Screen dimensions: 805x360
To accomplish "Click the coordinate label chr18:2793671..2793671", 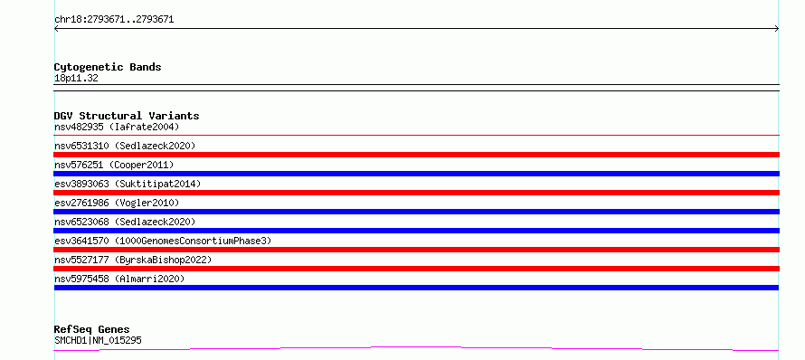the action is coord(114,20).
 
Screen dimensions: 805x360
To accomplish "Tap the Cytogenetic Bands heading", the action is coord(108,67).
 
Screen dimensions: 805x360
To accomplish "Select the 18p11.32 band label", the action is coord(76,79).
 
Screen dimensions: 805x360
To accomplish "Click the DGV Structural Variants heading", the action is coord(127,116).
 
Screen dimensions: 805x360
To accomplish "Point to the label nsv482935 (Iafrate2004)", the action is coord(117,127).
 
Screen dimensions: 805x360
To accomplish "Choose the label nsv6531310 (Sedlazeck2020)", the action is coord(125,146).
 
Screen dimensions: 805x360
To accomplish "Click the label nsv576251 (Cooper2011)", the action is coord(114,165).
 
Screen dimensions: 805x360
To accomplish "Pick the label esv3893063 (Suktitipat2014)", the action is coord(128,184).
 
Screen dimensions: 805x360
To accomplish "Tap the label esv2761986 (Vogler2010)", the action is coord(117,203).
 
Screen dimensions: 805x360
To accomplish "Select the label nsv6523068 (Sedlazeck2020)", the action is coord(125,222).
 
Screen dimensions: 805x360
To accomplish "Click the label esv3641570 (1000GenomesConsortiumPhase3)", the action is coord(163,241).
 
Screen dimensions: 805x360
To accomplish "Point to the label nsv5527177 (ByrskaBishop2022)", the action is coord(133,260).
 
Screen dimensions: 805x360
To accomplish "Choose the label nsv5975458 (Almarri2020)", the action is coord(119,279).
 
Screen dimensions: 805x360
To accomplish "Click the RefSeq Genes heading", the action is coord(92,329).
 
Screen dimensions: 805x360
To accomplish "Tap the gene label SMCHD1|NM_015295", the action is coord(98,340).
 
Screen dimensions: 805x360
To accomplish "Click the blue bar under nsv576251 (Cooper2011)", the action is coord(416,174).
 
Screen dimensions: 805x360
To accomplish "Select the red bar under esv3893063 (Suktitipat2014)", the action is coord(416,193).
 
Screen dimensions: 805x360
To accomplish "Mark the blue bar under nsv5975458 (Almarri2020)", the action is coord(416,288).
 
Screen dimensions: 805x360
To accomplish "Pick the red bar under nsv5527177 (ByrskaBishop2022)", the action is coord(416,269).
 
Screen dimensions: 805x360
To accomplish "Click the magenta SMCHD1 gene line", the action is coord(416,347).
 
